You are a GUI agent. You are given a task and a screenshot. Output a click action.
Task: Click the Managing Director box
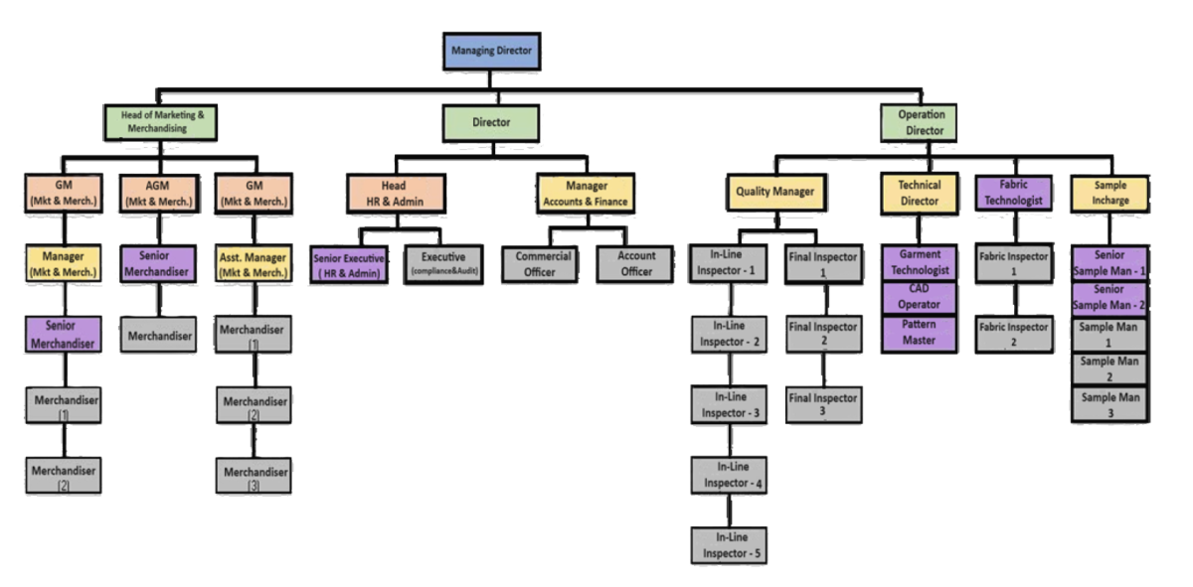492,51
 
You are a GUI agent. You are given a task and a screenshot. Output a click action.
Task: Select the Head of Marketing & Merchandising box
162,122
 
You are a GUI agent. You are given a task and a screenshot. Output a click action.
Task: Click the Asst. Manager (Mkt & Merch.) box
254,263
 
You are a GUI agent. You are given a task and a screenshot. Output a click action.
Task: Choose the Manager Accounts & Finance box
586,193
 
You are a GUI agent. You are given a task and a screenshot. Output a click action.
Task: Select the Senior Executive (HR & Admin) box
349,265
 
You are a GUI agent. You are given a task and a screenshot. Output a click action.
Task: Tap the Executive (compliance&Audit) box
442,264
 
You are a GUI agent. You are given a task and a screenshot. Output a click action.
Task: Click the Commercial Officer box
544,263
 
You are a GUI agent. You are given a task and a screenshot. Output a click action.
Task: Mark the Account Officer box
636,263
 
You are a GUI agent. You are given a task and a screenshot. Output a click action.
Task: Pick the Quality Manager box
775,192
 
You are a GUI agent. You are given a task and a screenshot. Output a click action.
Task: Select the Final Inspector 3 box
822,404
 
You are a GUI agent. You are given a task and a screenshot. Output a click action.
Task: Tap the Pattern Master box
919,333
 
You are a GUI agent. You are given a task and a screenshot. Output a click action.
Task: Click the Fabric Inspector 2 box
1014,334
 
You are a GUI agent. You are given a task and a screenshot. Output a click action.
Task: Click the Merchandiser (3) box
254,477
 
